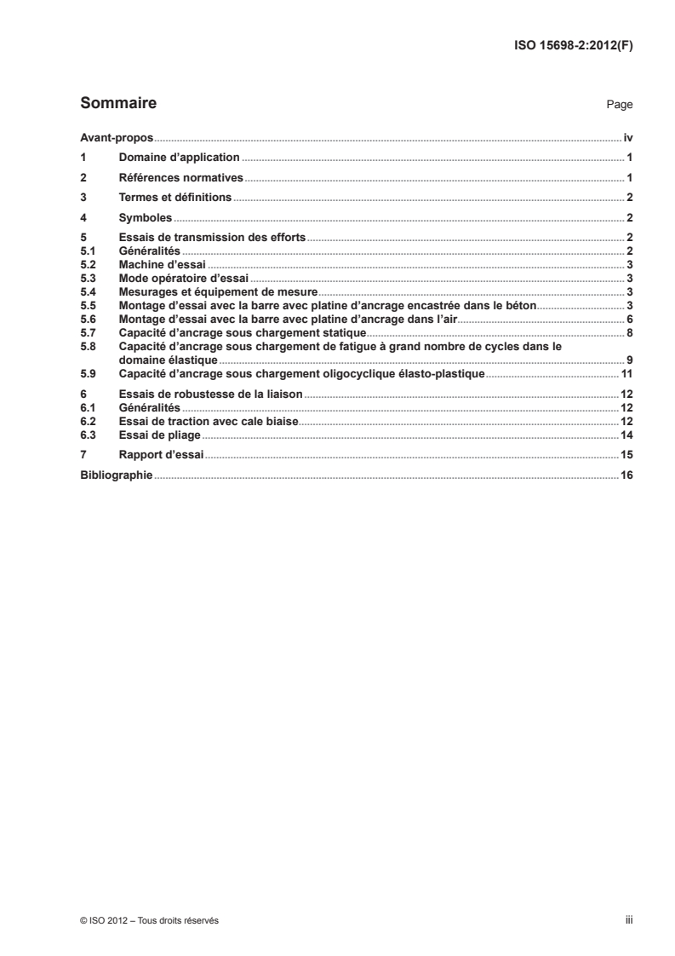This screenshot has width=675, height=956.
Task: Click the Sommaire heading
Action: (117, 104)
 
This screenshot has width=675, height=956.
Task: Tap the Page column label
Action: (619, 105)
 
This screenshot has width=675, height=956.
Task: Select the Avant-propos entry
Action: (116, 137)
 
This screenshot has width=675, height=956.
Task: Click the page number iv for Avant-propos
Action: (627, 137)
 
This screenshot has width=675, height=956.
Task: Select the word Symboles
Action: (146, 218)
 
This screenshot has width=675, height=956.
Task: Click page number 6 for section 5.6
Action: (629, 319)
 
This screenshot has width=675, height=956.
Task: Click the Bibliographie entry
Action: (116, 475)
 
